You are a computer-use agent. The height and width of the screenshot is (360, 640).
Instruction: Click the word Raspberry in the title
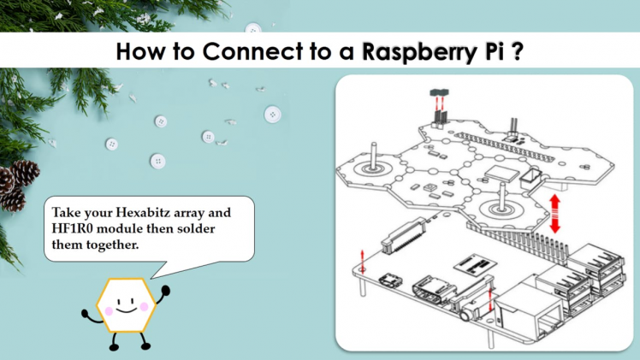click(x=408, y=51)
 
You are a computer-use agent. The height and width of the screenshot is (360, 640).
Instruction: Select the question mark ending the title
click(x=518, y=51)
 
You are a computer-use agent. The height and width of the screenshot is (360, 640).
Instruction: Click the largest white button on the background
click(x=273, y=114)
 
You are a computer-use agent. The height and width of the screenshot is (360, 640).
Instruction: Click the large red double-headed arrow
click(x=555, y=213)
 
